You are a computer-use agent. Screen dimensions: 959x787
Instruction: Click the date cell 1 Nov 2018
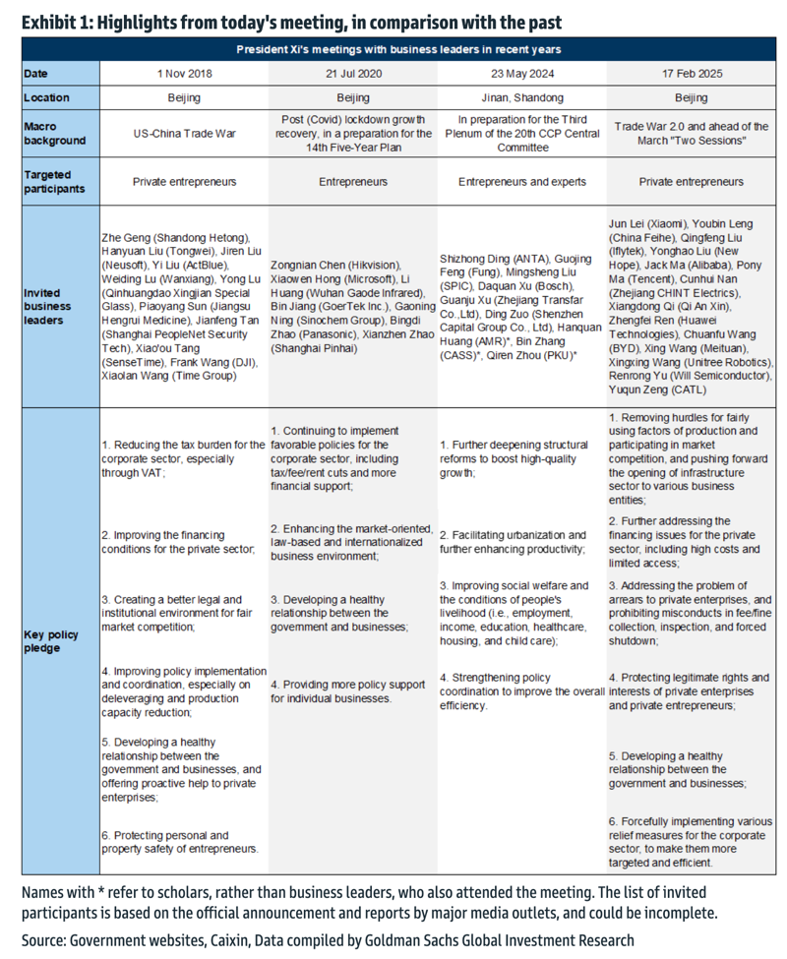coord(184,74)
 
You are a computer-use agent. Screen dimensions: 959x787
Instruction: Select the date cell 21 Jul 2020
coord(354,74)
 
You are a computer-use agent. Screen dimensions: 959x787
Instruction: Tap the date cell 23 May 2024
coord(523,74)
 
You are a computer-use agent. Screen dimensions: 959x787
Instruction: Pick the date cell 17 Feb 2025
coord(693,74)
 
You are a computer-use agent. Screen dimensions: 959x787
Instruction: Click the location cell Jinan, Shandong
coord(523,97)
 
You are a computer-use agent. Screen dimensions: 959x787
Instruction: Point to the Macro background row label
coord(55,133)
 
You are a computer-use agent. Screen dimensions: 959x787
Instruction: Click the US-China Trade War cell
coord(184,133)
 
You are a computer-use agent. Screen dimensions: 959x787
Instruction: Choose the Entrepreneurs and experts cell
coord(523,181)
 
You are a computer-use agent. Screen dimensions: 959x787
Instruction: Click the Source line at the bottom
coord(328,940)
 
